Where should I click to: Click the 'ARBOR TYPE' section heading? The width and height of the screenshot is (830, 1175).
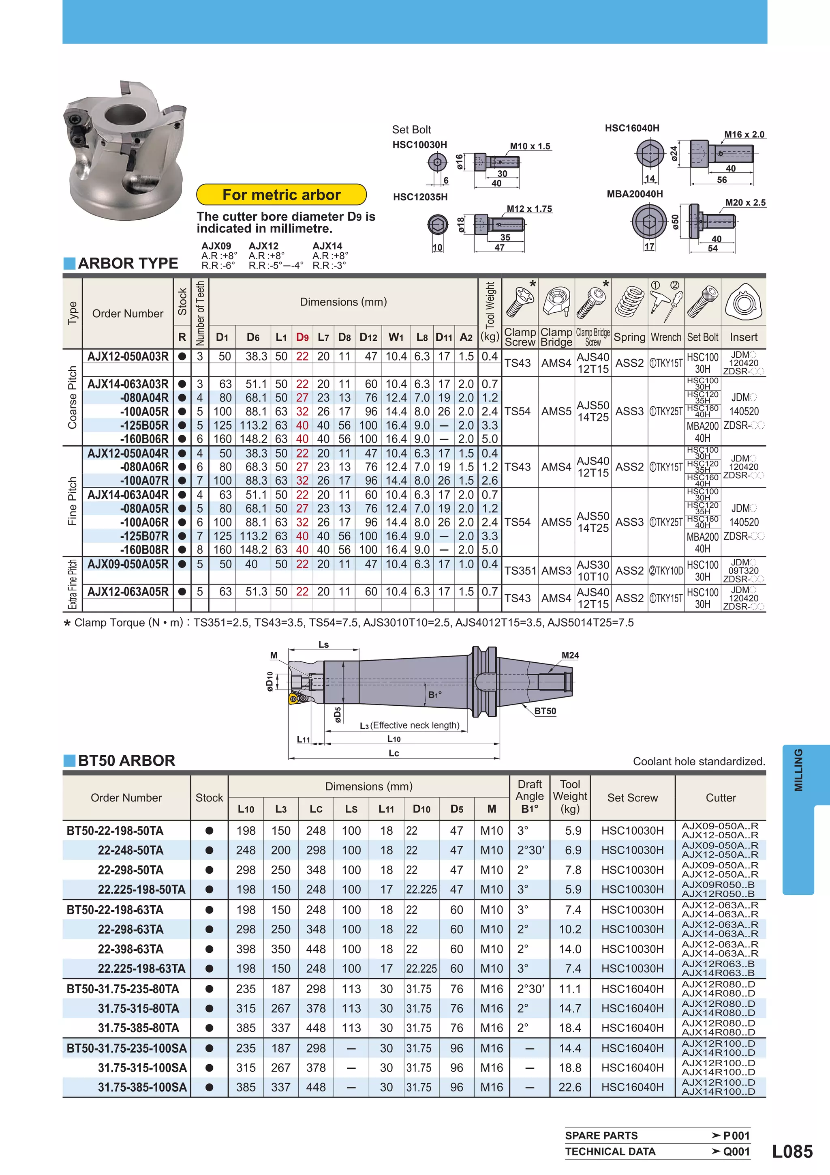[127, 263]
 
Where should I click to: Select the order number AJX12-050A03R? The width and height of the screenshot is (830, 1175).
[128, 356]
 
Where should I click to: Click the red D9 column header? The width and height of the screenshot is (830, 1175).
[302, 337]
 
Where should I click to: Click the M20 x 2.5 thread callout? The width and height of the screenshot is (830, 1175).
[745, 203]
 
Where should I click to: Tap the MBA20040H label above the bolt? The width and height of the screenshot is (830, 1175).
[634, 194]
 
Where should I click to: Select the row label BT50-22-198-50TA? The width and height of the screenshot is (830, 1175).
[115, 831]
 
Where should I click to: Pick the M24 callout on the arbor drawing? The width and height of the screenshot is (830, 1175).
[570, 655]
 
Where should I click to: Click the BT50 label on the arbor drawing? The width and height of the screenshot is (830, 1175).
[545, 711]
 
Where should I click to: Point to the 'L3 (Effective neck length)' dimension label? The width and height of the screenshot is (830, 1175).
[409, 725]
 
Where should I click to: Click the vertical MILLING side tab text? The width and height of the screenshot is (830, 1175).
[798, 770]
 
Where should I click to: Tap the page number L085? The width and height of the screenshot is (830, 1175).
[791, 1151]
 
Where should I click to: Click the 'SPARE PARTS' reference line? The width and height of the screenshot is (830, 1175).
[601, 1136]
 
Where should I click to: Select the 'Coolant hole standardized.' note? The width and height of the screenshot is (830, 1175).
[699, 761]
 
